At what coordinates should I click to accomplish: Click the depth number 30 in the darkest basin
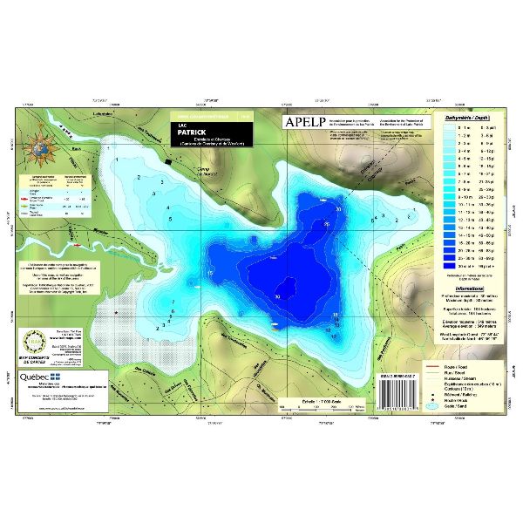277,297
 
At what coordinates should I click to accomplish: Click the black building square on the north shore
168,162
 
